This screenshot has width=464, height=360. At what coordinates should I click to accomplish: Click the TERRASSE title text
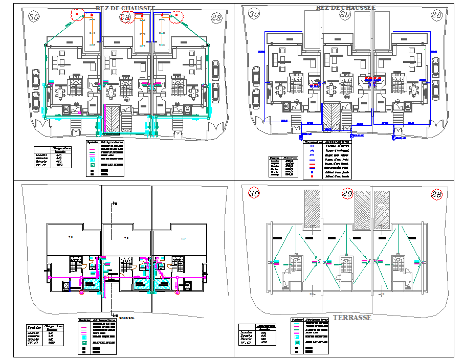pos(351,318)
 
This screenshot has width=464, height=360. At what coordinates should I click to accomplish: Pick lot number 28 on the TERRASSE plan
pos(436,194)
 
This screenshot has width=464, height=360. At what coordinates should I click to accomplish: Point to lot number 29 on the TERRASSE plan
pos(347,193)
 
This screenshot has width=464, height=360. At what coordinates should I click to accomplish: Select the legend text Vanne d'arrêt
pos(337,146)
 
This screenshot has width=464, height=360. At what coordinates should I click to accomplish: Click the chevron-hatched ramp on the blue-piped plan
pos(331,115)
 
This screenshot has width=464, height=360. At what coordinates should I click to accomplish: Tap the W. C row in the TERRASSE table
pos(247,342)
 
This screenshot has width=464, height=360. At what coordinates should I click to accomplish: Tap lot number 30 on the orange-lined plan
pos(34,17)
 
